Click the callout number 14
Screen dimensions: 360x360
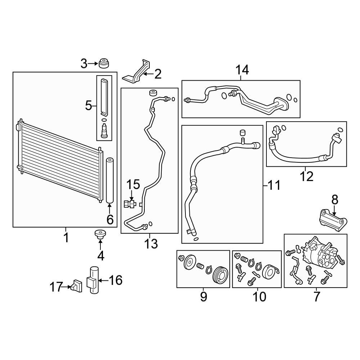(x=242, y=70)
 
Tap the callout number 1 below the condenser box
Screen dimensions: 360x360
(x=66, y=237)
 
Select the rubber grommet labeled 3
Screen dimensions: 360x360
(x=104, y=63)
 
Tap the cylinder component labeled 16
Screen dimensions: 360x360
(x=93, y=280)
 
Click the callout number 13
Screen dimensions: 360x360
(x=151, y=244)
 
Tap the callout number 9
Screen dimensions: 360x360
(x=203, y=297)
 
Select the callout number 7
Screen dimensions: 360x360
(x=316, y=297)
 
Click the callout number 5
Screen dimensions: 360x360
(x=89, y=106)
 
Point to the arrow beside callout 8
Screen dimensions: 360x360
(x=335, y=210)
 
